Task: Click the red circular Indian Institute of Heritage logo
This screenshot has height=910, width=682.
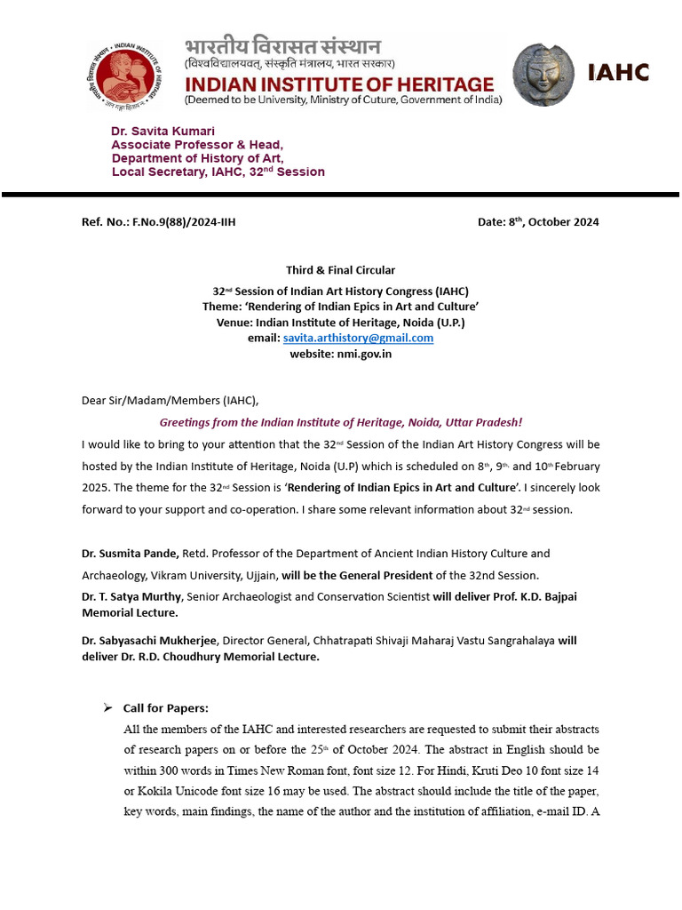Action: point(127,74)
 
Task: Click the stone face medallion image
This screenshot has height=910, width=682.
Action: point(549,76)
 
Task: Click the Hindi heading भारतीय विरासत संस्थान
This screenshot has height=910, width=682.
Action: point(282,47)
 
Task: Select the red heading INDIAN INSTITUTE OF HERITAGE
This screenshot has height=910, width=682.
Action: point(338,84)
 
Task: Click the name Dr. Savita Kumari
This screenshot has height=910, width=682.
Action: point(163,131)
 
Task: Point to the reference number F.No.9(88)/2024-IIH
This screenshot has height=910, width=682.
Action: point(183,222)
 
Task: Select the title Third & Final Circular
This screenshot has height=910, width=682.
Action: point(340,270)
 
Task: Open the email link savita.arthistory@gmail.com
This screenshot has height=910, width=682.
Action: point(358,338)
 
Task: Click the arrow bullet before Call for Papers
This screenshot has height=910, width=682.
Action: point(107,707)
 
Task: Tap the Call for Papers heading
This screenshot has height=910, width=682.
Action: point(166,708)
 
